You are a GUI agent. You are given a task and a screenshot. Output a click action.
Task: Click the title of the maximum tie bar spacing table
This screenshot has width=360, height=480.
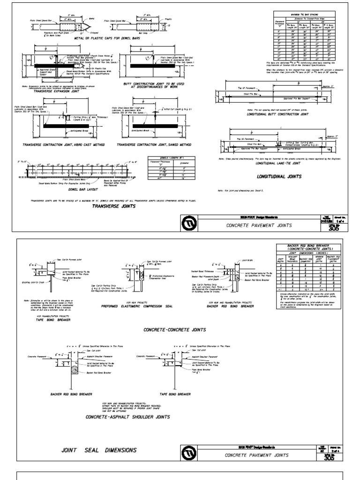coord(307,14)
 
